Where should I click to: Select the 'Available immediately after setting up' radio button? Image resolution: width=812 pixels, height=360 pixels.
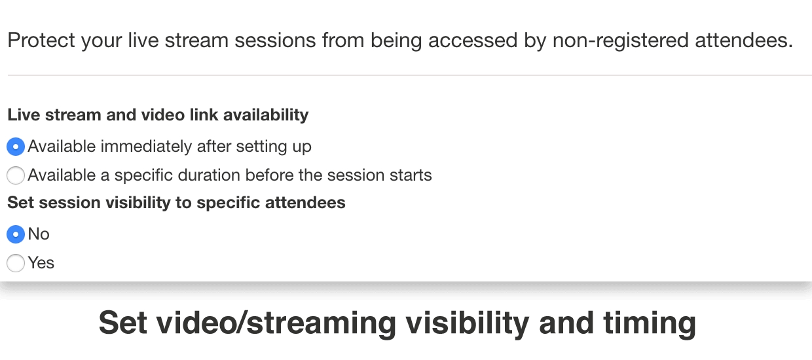[x=16, y=147]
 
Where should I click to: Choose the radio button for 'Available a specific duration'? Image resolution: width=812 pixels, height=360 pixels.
[x=16, y=175]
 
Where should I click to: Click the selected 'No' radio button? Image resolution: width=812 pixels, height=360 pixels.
[x=16, y=234]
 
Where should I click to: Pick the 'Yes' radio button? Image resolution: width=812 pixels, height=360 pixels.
[x=16, y=263]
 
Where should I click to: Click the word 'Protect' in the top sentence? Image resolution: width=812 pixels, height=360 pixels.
[x=41, y=40]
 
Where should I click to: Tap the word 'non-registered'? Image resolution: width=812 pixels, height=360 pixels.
[x=620, y=40]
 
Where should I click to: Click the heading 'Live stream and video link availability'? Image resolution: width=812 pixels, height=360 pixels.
[x=158, y=115]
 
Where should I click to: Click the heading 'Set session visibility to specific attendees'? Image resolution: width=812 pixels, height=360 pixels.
[x=176, y=202]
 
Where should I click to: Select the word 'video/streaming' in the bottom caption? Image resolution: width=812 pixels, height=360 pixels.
[x=276, y=323]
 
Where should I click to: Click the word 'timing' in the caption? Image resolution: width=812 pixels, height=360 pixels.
[x=650, y=323]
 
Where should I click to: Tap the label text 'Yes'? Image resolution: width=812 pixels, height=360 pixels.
[x=41, y=263]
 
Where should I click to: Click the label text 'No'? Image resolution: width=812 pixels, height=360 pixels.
[x=39, y=234]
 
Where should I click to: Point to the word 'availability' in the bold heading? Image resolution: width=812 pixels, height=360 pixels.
[x=266, y=115]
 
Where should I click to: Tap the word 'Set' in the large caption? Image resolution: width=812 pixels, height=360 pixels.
[x=123, y=323]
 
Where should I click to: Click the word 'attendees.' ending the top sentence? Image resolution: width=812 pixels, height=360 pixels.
[x=744, y=40]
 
